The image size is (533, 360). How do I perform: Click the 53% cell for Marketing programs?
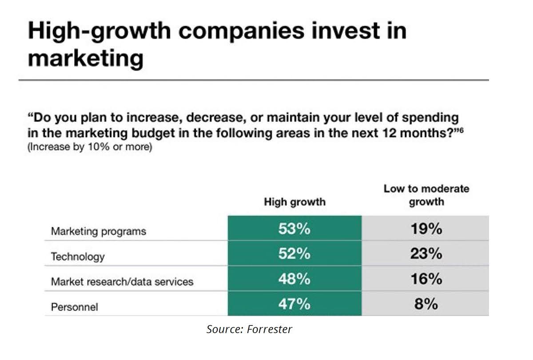click(x=294, y=229)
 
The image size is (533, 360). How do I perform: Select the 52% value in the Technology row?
click(x=294, y=254)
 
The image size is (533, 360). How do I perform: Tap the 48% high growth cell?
click(x=294, y=279)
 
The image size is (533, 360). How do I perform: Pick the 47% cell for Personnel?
click(x=294, y=305)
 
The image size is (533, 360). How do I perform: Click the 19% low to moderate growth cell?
click(x=425, y=229)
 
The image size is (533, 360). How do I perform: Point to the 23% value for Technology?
click(x=425, y=254)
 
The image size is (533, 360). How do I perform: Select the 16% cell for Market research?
click(x=425, y=279)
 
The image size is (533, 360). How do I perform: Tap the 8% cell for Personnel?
click(x=425, y=305)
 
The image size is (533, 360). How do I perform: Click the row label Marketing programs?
click(x=99, y=231)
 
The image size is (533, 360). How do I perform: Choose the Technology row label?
click(x=78, y=257)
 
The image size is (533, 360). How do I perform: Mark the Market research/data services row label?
click(x=122, y=281)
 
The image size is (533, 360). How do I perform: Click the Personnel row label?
click(x=75, y=307)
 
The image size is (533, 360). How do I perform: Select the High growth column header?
click(x=294, y=202)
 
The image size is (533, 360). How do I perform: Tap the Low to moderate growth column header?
click(x=426, y=195)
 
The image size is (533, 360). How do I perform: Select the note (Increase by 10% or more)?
click(x=90, y=147)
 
